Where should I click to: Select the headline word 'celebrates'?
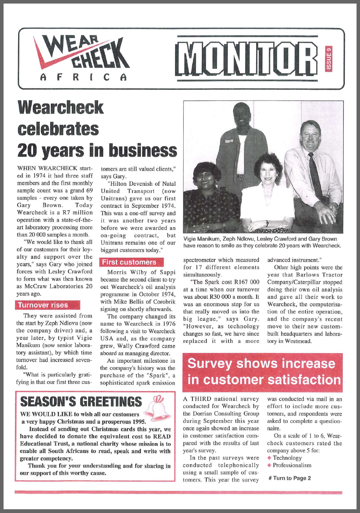[58, 128]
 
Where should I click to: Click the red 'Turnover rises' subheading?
[42, 305]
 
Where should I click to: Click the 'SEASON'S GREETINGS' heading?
[81, 402]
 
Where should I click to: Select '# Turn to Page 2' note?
[290, 478]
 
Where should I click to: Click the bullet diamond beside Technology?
[270, 458]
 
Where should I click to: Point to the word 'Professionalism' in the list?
[292, 465]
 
